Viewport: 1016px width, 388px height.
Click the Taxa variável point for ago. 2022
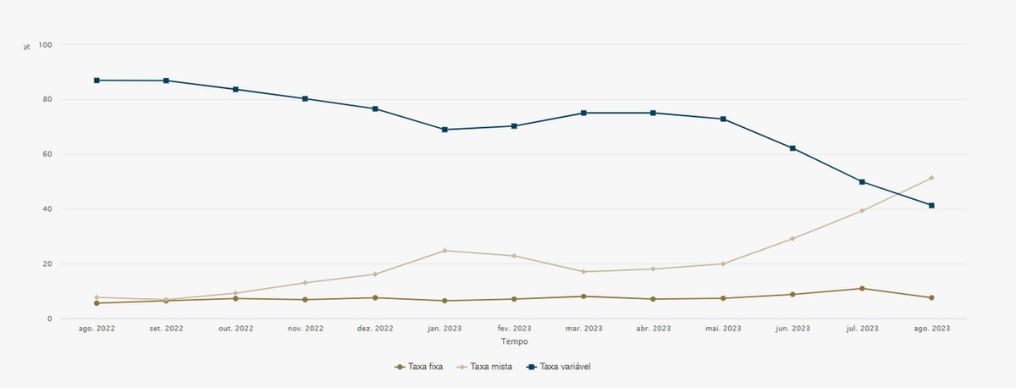point(97,80)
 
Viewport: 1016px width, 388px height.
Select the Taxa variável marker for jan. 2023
point(444,130)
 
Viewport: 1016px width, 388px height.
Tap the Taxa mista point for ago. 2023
point(931,178)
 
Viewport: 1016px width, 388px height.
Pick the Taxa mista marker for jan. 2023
point(444,251)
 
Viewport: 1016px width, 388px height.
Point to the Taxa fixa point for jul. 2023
point(862,289)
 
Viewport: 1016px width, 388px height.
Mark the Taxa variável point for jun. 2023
point(792,148)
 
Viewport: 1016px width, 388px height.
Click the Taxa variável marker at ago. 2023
point(931,205)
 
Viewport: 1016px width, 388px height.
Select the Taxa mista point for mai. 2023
point(722,263)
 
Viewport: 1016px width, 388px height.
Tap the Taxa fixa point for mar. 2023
point(583,297)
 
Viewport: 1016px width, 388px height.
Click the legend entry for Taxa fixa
point(419,367)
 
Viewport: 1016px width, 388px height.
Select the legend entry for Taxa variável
point(563,367)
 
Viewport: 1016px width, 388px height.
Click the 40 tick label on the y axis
point(47,209)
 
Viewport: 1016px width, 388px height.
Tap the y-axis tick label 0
point(50,319)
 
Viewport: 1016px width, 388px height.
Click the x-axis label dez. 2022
point(375,329)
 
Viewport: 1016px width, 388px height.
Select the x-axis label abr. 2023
point(653,329)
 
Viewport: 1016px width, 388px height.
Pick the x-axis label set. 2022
point(166,329)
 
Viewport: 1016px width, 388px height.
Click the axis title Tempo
point(514,341)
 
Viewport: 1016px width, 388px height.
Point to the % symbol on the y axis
point(27,46)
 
